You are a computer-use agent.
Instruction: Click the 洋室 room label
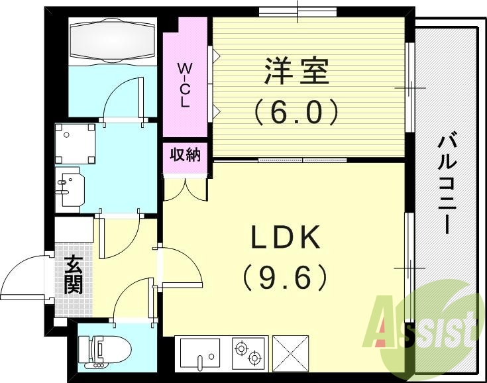tap(298, 72)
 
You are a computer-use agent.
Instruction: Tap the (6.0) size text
tap(298, 111)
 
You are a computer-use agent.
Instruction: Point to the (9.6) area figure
tap(286, 277)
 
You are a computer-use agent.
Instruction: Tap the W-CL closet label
tap(185, 85)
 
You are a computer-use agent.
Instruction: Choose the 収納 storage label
tap(186, 156)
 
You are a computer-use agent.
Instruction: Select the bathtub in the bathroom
tap(113, 42)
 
